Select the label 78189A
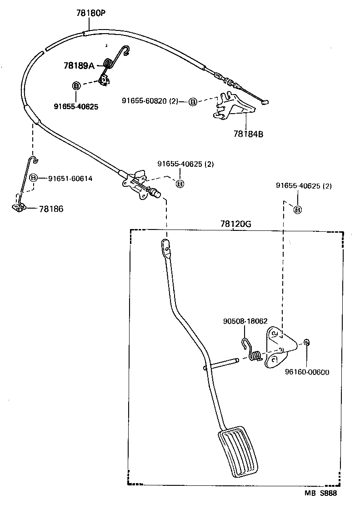click(x=79, y=65)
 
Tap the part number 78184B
click(x=248, y=134)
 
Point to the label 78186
click(x=51, y=209)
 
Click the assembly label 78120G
click(x=236, y=224)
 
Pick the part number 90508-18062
click(x=245, y=321)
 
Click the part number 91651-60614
click(x=70, y=179)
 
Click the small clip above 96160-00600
click(x=307, y=342)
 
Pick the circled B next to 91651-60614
click(x=33, y=178)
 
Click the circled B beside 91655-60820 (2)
click(x=193, y=101)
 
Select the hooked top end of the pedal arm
click(x=166, y=246)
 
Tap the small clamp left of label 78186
click(x=18, y=207)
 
